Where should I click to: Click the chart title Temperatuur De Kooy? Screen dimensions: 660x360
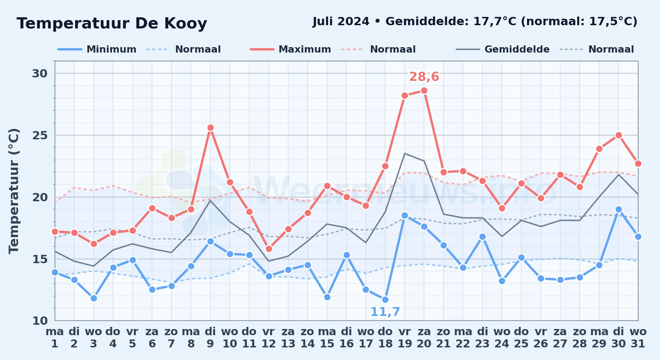[x=112, y=23]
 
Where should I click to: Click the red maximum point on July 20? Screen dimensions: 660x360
[x=424, y=91]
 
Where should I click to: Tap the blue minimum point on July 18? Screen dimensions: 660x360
[x=385, y=300]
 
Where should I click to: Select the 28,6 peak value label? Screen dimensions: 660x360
[x=424, y=77]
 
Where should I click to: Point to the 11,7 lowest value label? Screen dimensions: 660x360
[x=385, y=312]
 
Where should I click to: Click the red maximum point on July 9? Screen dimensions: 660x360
[x=210, y=128]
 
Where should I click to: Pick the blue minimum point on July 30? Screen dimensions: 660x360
[x=619, y=209]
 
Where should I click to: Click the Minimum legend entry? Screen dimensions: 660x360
[x=97, y=49]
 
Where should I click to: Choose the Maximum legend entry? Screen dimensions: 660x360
[x=291, y=49]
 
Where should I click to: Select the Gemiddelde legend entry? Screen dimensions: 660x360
[x=503, y=49]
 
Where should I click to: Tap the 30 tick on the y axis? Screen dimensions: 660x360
[x=40, y=73]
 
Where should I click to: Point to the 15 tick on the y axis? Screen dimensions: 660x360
[x=40, y=259]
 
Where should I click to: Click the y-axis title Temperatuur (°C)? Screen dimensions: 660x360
[x=14, y=191]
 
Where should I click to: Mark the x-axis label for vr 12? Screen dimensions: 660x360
[x=268, y=338]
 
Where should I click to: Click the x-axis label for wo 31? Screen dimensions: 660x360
[x=638, y=338]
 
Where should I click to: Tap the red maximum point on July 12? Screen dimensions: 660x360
[x=269, y=249]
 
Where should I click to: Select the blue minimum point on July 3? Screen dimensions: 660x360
[x=94, y=298]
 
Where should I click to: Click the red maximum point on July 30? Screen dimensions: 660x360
[x=619, y=135]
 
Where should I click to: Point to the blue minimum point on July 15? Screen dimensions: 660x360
[x=327, y=297]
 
